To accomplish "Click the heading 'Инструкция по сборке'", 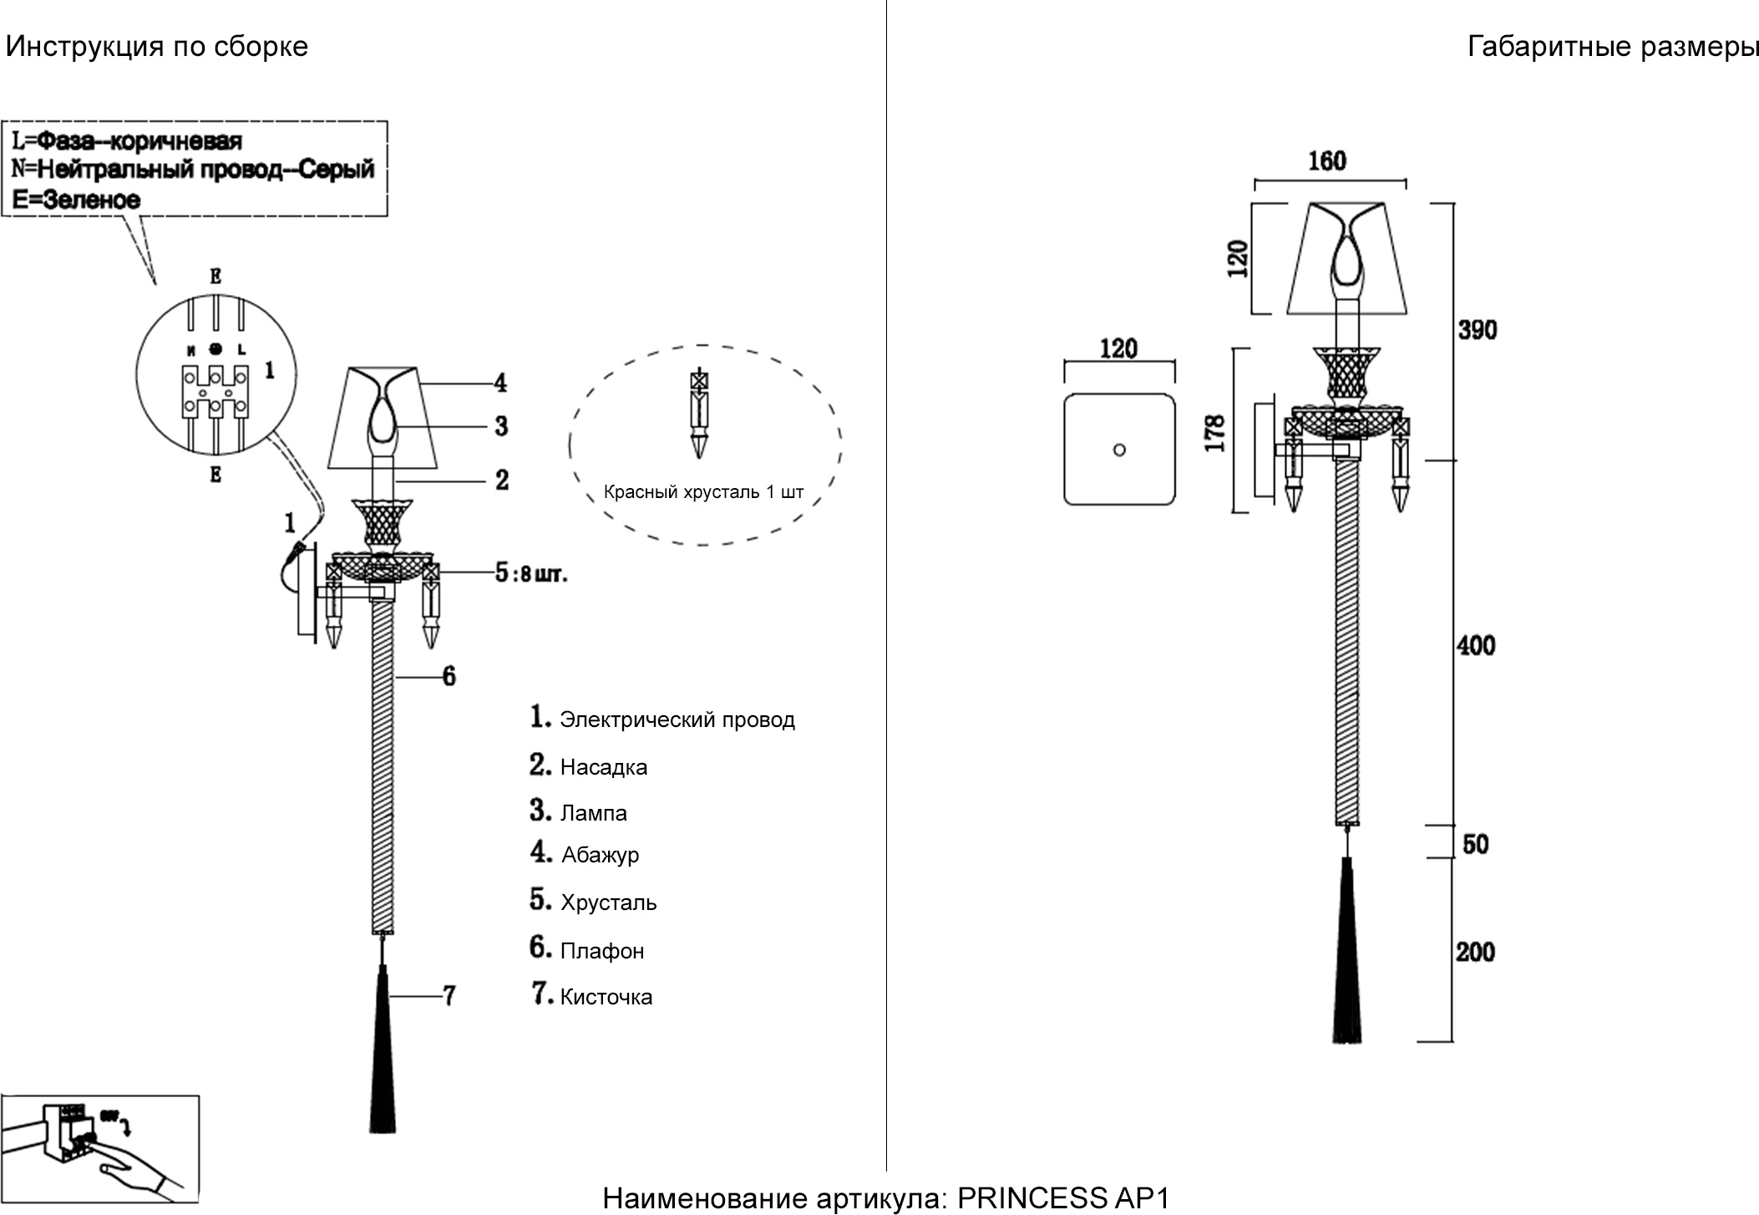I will (x=157, y=47).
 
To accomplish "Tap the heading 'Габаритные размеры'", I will (x=1612, y=47).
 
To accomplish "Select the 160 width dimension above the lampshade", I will (x=1327, y=160).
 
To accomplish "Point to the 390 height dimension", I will (x=1478, y=330).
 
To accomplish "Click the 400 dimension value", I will (x=1476, y=645).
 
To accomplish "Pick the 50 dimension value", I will (x=1476, y=844).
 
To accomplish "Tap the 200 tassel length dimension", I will (x=1475, y=952).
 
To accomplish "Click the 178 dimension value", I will (x=1216, y=433).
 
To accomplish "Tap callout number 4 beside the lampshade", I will (x=500, y=383).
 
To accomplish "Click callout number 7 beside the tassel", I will (x=449, y=995).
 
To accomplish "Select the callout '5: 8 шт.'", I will (x=531, y=573).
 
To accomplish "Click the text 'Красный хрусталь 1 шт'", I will (x=703, y=492).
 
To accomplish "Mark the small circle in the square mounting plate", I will (x=1119, y=450).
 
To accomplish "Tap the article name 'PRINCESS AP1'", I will (x=1063, y=1198).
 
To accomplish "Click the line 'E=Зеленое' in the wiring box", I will (x=77, y=200).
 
